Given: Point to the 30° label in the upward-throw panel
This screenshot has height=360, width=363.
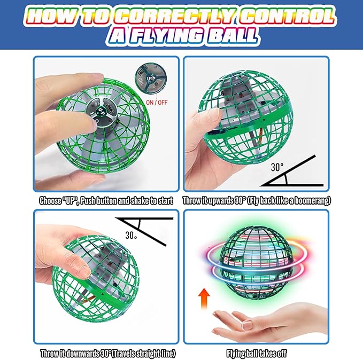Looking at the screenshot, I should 276,166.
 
